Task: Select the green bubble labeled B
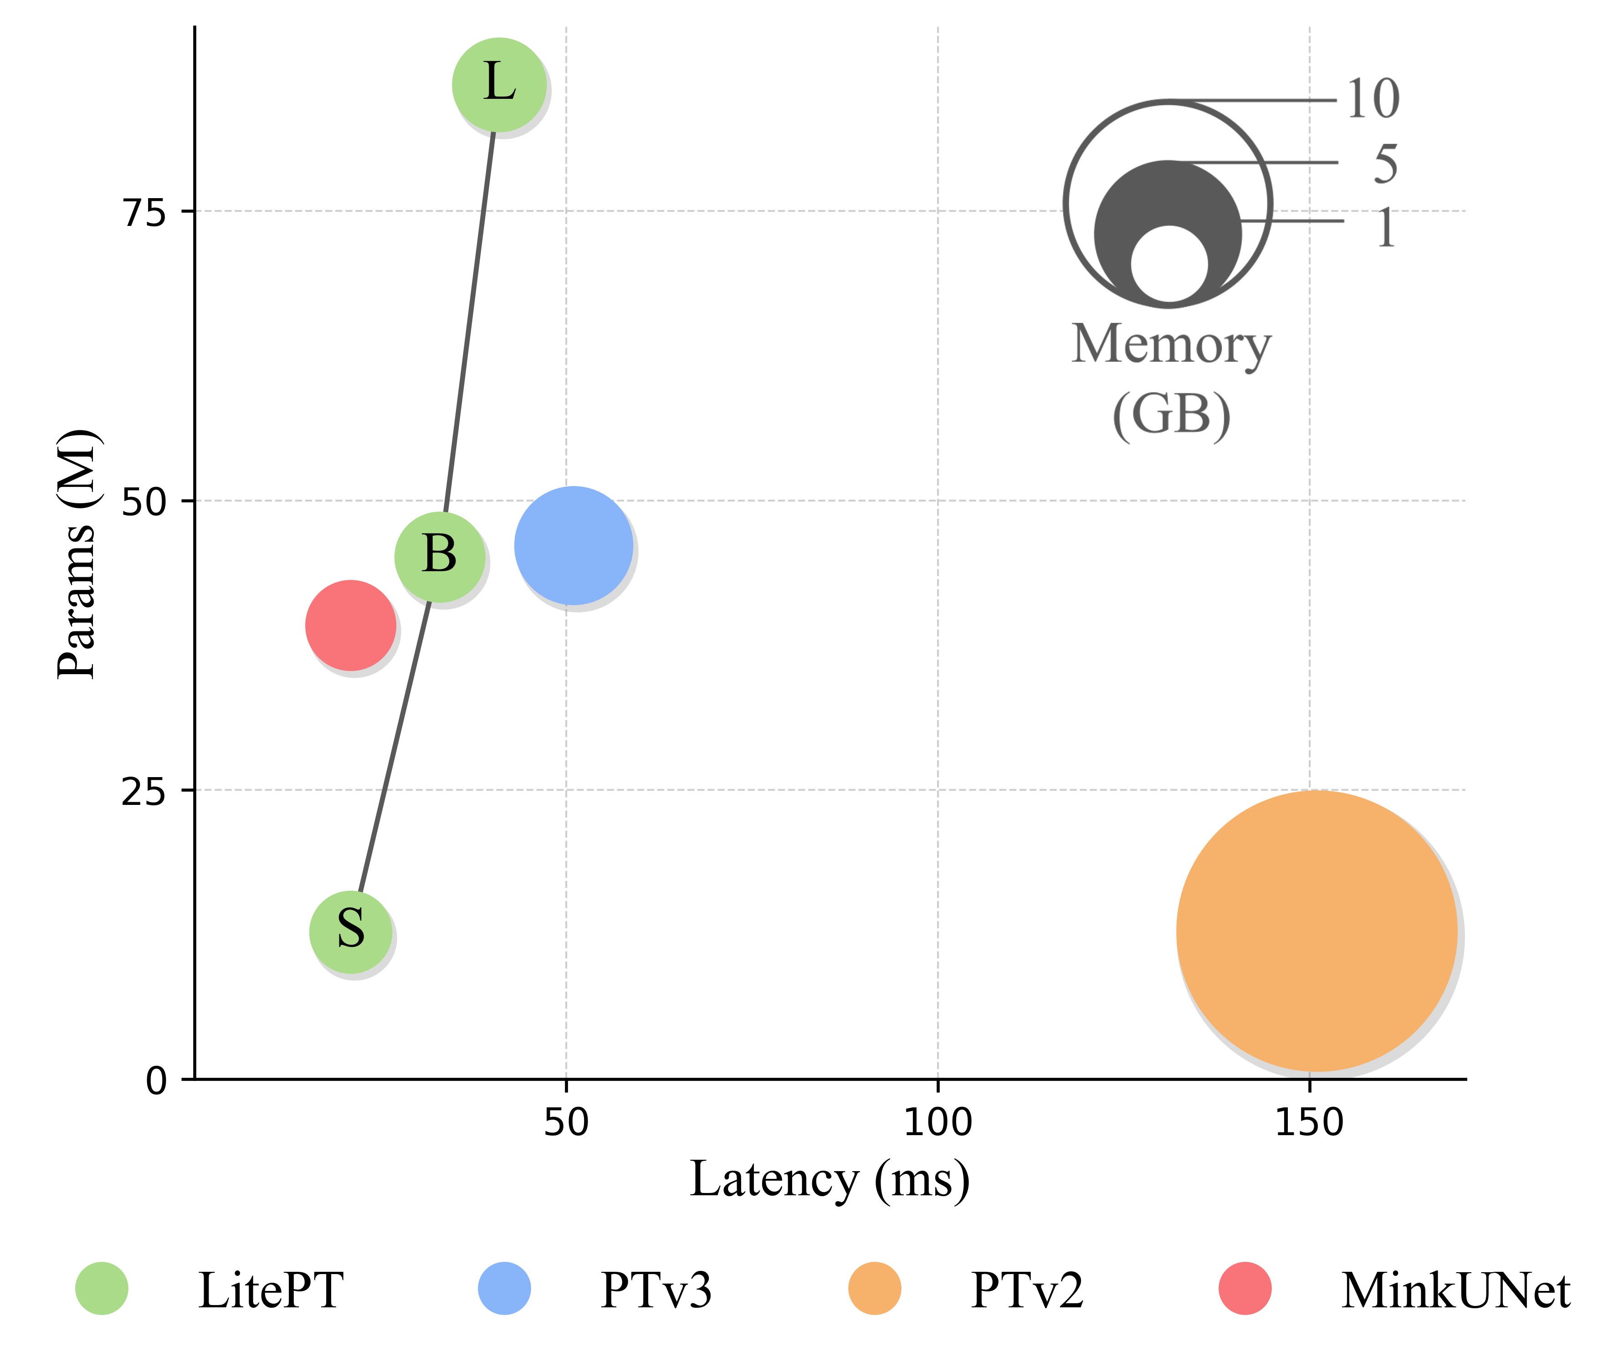coord(440,556)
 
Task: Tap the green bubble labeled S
coord(350,932)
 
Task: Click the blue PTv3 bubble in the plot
coord(574,546)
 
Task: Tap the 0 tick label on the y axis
coord(157,1081)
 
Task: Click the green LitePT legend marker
coord(102,1289)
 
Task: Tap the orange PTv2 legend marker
coord(874,1289)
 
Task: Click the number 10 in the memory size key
coord(1373,99)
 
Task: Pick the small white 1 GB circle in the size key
coord(1169,263)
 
